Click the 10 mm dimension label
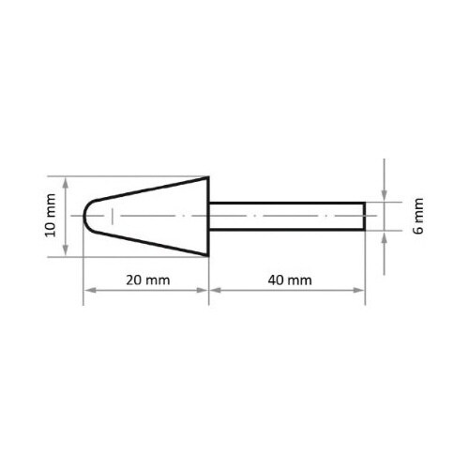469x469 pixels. pos(51,217)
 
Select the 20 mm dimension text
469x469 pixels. pos(146,280)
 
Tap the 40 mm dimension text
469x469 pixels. pos(285,280)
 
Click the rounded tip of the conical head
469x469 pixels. pos(86,217)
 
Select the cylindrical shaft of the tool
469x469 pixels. pos(286,217)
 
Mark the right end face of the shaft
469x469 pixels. pos(365,217)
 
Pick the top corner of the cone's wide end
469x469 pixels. pos(207,179)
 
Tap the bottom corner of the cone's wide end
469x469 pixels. pos(207,255)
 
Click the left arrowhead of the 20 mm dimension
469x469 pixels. pos(89,291)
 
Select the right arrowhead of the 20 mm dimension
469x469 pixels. pos(204,291)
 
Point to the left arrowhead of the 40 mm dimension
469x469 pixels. pos(213,291)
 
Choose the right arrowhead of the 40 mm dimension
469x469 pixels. pos(361,291)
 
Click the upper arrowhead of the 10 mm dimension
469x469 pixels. pos(65,182)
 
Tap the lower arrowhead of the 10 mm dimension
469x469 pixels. pos(65,251)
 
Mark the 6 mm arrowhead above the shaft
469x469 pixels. pos(384,198)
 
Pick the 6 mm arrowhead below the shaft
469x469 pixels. pos(384,235)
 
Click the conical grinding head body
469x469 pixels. pos(155,217)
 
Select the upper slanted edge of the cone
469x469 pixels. pos(150,190)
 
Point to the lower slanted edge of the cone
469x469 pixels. pos(150,243)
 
